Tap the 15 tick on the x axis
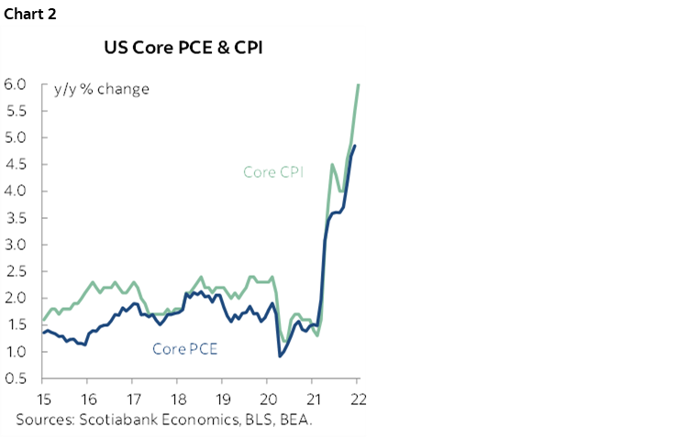pos(44,399)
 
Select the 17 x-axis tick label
pos(133,399)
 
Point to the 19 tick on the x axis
pos(223,399)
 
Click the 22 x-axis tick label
pos(357,399)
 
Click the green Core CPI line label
pos(279,171)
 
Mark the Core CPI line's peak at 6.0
pos(357,85)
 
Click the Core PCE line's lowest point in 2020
pos(279,356)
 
